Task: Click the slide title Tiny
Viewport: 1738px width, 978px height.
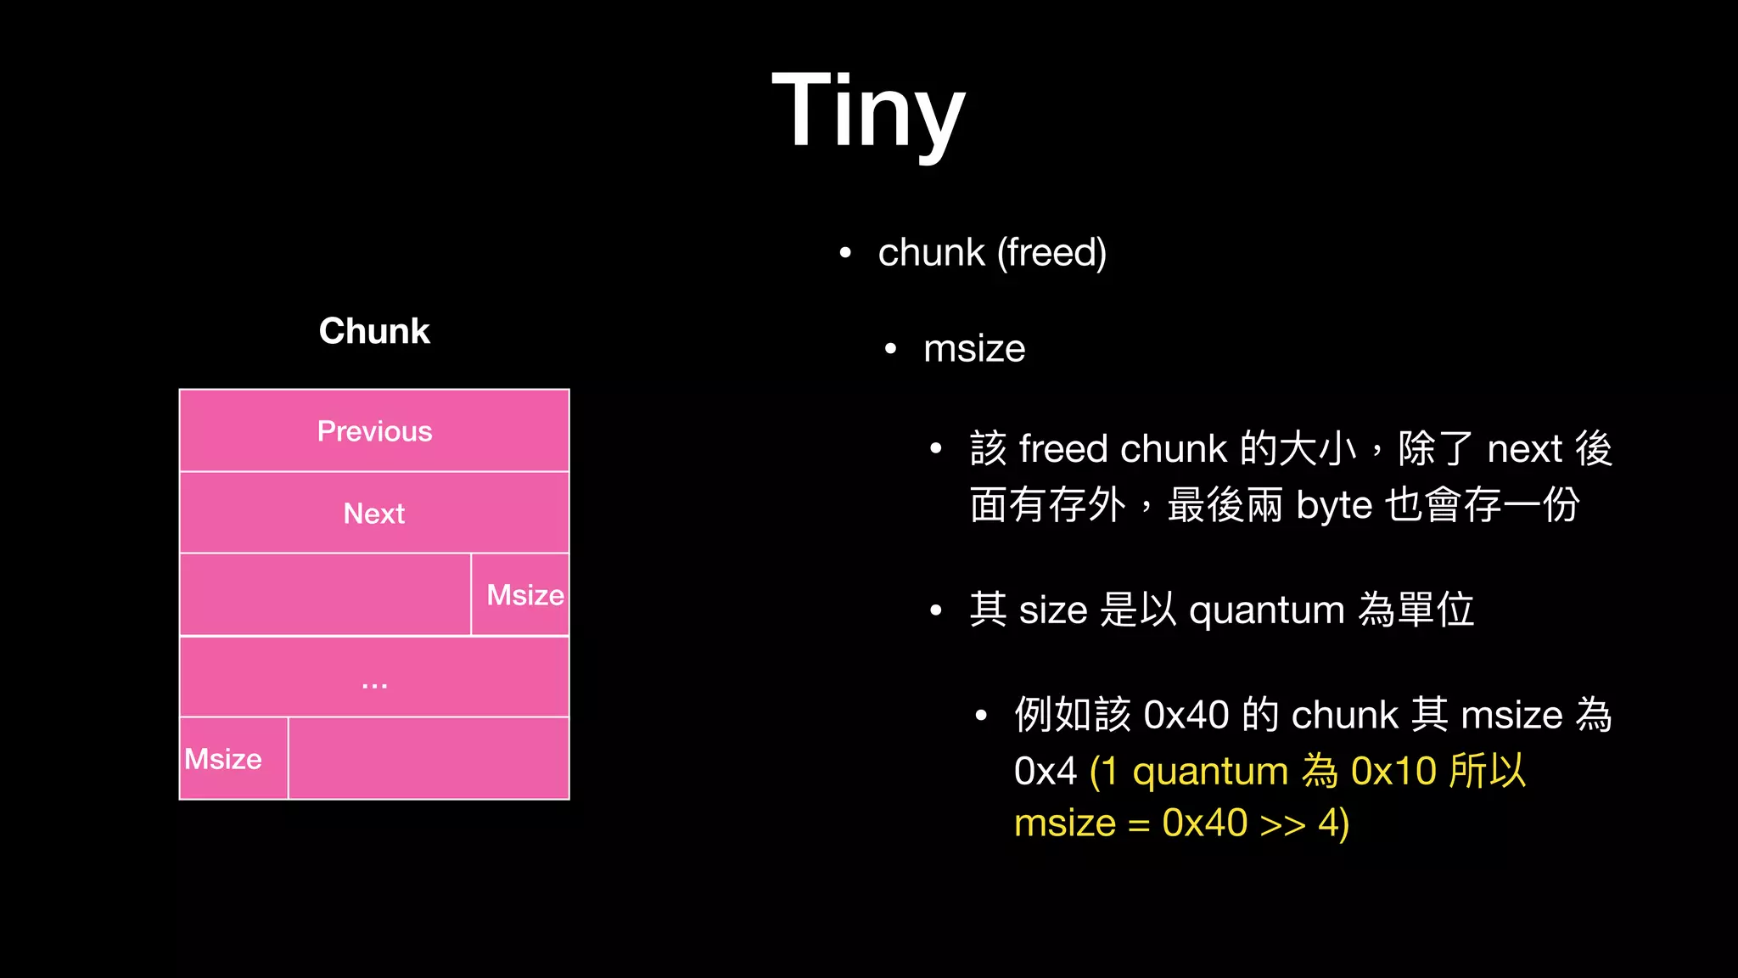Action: tap(868, 110)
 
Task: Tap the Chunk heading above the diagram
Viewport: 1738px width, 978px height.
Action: tap(374, 331)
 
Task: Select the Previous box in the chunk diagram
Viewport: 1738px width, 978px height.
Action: tap(374, 431)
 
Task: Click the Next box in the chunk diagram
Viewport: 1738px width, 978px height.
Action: tap(374, 514)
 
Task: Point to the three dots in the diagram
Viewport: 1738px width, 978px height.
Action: tap(374, 684)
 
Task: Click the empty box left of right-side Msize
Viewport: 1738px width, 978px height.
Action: tap(325, 595)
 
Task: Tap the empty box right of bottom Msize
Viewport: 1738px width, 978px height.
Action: tap(429, 759)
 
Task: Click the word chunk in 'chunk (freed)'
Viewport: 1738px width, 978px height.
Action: tap(931, 253)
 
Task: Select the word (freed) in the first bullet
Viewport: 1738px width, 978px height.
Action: tap(1051, 253)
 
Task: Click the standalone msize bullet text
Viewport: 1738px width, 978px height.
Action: tap(974, 349)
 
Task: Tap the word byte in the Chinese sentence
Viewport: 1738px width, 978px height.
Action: tap(1334, 506)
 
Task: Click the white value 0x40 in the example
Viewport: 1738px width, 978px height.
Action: tap(1186, 715)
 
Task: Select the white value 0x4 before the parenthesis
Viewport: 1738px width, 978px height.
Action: tap(1045, 772)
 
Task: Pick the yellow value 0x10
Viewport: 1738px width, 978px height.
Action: tap(1393, 772)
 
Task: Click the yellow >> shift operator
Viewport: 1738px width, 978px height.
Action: tap(1282, 824)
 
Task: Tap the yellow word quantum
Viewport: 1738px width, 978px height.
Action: tap(1210, 772)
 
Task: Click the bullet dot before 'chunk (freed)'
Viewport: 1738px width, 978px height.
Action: tap(844, 253)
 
